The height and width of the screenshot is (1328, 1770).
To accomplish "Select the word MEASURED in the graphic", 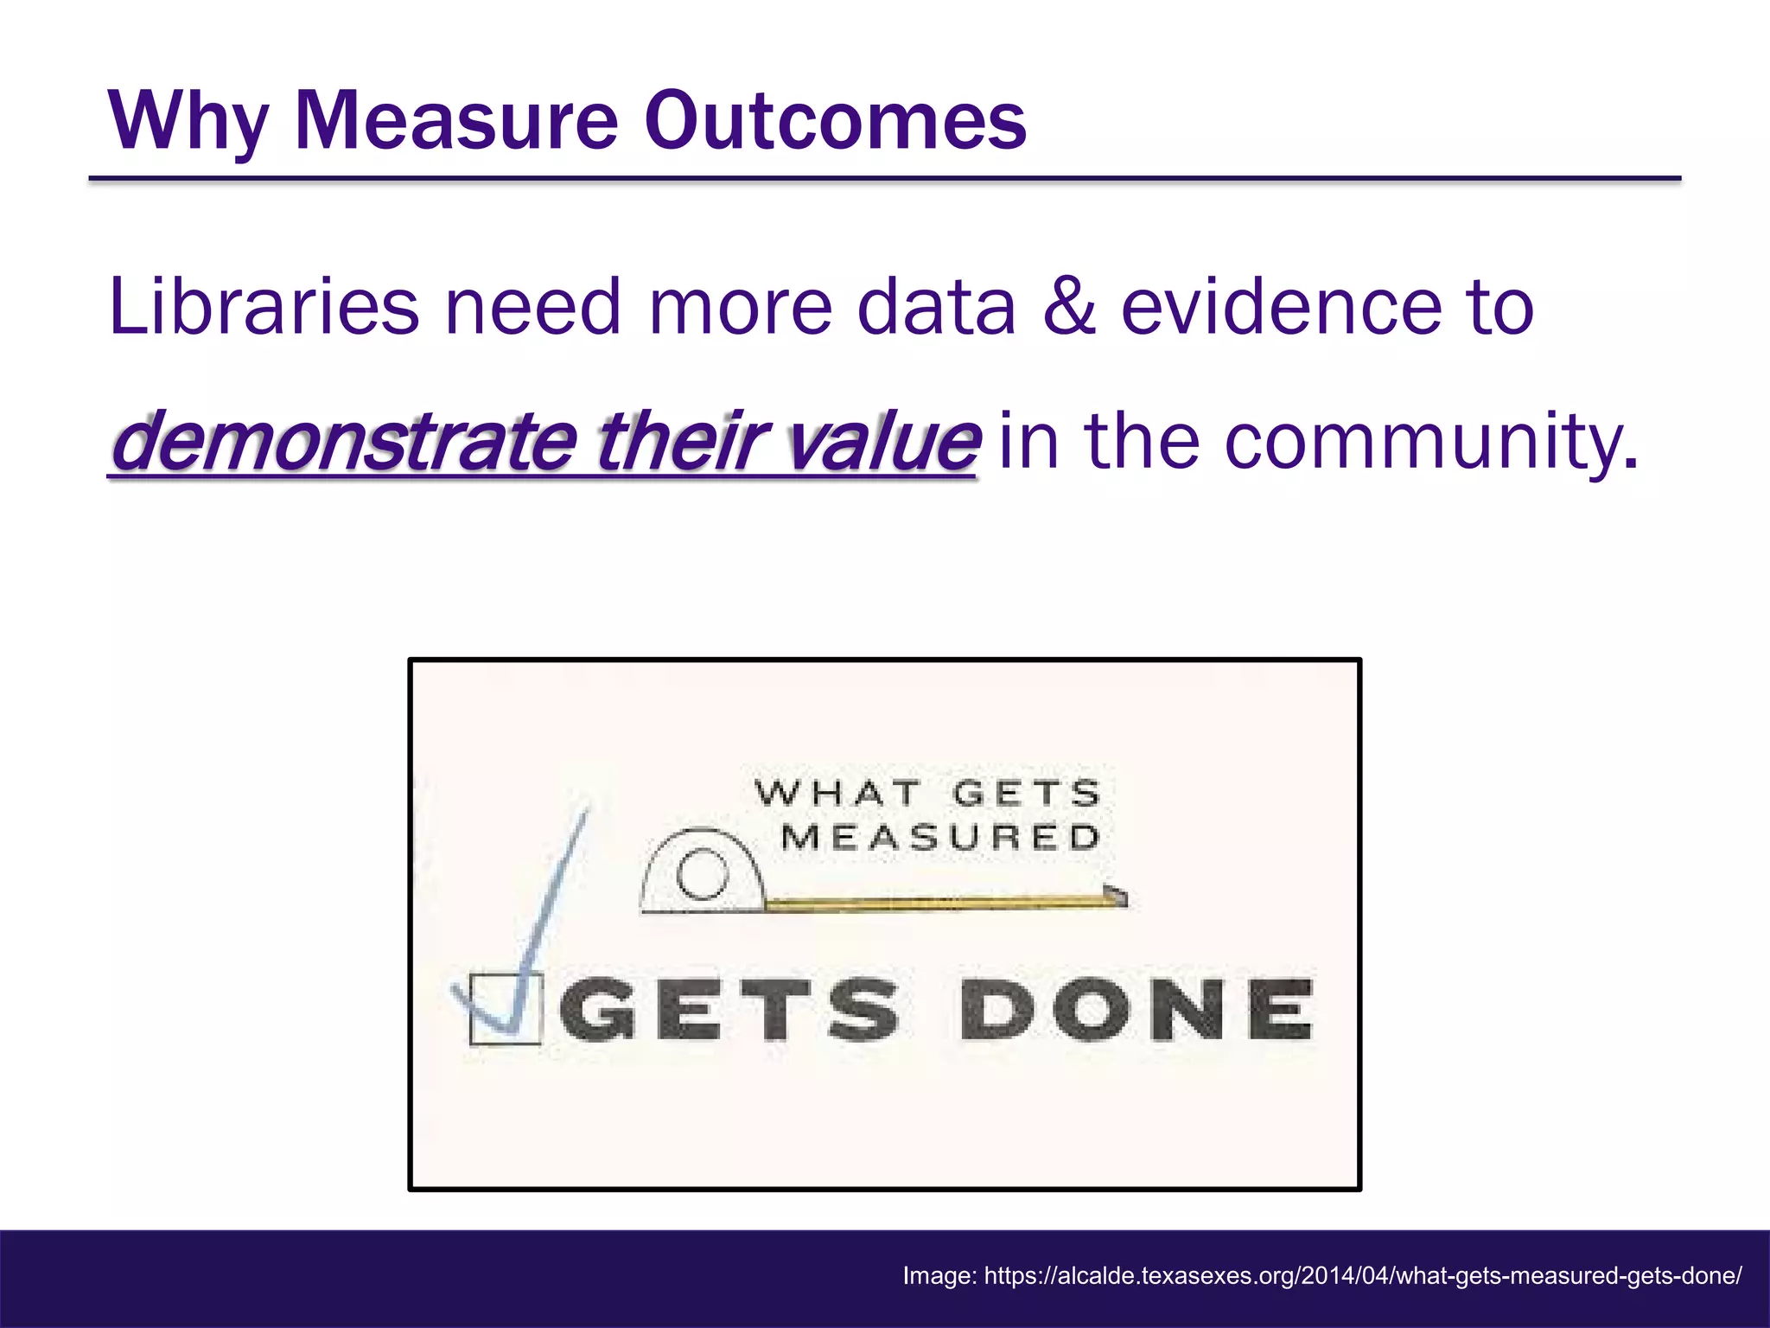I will click(x=940, y=838).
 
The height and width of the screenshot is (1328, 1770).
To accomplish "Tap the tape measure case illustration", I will click(x=702, y=875).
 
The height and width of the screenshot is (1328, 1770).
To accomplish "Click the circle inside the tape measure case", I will click(x=702, y=875).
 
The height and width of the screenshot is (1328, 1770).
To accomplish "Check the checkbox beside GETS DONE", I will click(x=505, y=1009).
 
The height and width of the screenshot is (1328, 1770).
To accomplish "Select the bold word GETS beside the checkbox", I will click(x=729, y=1009).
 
